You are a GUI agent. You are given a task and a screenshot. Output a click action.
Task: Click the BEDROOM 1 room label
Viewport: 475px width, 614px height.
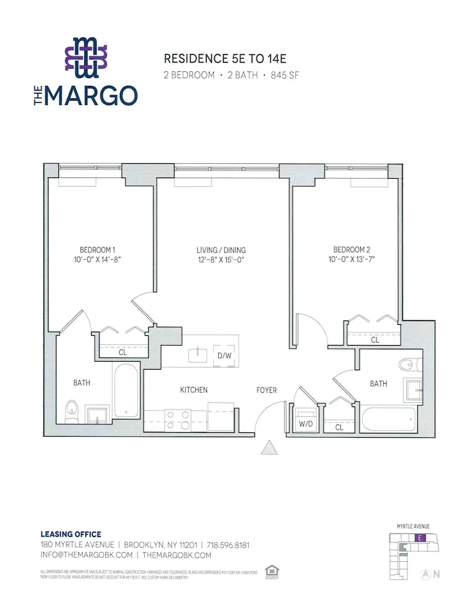click(97, 250)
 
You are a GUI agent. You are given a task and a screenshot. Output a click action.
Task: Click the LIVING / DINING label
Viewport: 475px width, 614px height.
click(221, 250)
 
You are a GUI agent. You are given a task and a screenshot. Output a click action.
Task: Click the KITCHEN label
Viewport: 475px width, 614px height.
click(194, 390)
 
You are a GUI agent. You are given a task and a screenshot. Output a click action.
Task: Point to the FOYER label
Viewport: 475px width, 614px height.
click(267, 390)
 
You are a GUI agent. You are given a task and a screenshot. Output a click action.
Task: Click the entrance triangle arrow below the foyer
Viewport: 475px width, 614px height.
click(270, 448)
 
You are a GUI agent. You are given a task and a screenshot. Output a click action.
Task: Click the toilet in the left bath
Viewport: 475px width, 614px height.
click(72, 410)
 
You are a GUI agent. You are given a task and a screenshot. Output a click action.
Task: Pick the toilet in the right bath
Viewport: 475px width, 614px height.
click(407, 365)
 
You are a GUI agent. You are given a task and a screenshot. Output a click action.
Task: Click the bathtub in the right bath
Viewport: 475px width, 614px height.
click(388, 419)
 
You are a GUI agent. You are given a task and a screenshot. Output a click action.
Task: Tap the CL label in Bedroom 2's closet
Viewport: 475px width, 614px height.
click(375, 340)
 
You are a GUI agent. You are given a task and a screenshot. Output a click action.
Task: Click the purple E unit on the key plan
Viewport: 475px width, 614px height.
click(419, 538)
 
